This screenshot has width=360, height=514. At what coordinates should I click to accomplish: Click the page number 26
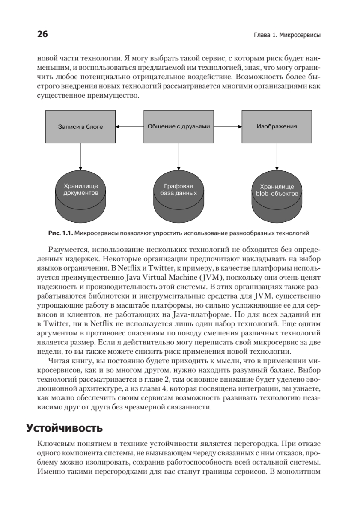pos(43,35)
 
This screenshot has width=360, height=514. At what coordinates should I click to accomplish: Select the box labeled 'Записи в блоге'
pos(80,127)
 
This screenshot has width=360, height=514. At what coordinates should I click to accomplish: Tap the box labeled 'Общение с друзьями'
pos(179,127)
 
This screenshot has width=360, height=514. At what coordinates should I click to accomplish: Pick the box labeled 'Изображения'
pos(277,127)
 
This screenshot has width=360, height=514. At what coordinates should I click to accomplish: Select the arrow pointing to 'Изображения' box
pos(227,127)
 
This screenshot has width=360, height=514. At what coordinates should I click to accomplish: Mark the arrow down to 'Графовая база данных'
pos(179,156)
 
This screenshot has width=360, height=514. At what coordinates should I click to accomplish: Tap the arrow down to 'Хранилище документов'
pos(80,156)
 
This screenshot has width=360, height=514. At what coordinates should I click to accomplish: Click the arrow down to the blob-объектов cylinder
pos(277,156)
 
